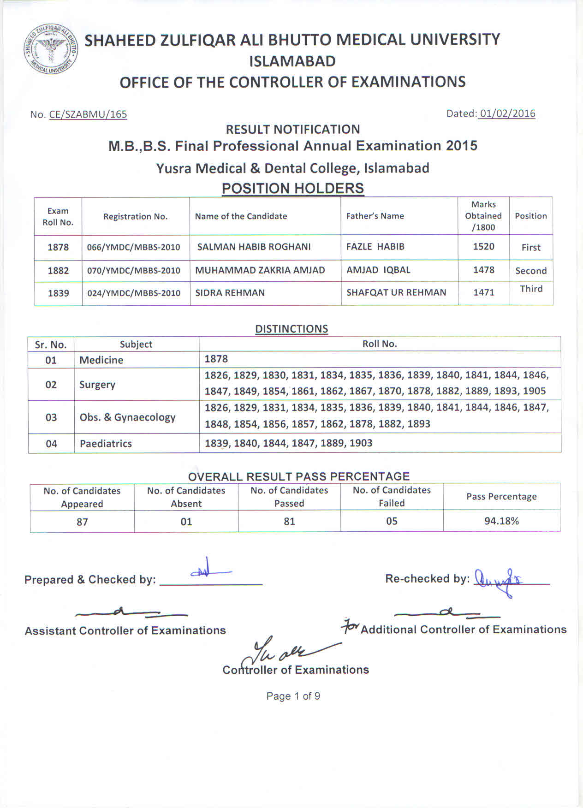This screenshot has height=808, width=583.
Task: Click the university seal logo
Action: pyautogui.click(x=50, y=50)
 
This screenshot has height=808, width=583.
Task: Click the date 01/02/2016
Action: pyautogui.click(x=507, y=113)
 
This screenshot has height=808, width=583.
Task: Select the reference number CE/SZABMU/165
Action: pyautogui.click(x=88, y=114)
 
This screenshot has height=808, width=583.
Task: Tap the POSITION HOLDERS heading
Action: pyautogui.click(x=292, y=188)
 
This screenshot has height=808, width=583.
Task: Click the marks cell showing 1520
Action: pyautogui.click(x=483, y=247)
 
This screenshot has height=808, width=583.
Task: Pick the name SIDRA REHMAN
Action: pyautogui.click(x=230, y=293)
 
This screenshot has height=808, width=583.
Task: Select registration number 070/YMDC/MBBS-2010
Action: pyautogui.click(x=134, y=271)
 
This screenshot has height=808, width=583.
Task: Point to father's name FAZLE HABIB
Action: pyautogui.click(x=375, y=247)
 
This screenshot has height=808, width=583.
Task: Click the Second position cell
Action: pyautogui.click(x=531, y=271)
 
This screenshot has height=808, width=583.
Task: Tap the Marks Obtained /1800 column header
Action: pyautogui.click(x=483, y=216)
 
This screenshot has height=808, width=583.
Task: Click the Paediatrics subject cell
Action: pyautogui.click(x=106, y=444)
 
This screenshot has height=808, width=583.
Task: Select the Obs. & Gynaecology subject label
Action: pyautogui.click(x=127, y=417)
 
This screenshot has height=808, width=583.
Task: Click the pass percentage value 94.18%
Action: pyautogui.click(x=501, y=521)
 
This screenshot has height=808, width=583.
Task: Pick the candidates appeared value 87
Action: pyautogui.click(x=82, y=522)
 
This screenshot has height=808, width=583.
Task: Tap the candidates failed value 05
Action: pyautogui.click(x=392, y=521)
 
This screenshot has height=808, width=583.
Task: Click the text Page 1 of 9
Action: pyautogui.click(x=293, y=696)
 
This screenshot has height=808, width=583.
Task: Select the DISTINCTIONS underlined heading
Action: pyautogui.click(x=291, y=329)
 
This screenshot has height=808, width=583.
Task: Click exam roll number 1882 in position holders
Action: pyautogui.click(x=58, y=271)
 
